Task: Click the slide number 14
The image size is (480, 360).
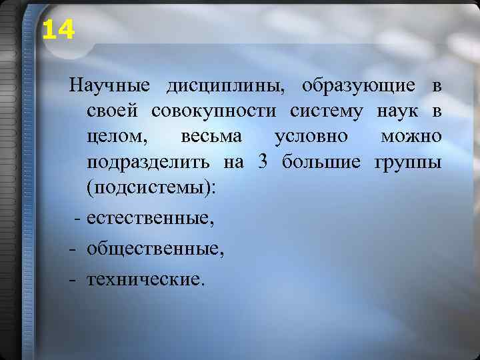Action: [x=59, y=29]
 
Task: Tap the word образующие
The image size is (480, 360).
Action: [x=359, y=87]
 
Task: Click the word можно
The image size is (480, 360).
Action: [x=410, y=137]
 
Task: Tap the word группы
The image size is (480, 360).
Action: [x=408, y=163]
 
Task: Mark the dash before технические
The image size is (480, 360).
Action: [x=71, y=279]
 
